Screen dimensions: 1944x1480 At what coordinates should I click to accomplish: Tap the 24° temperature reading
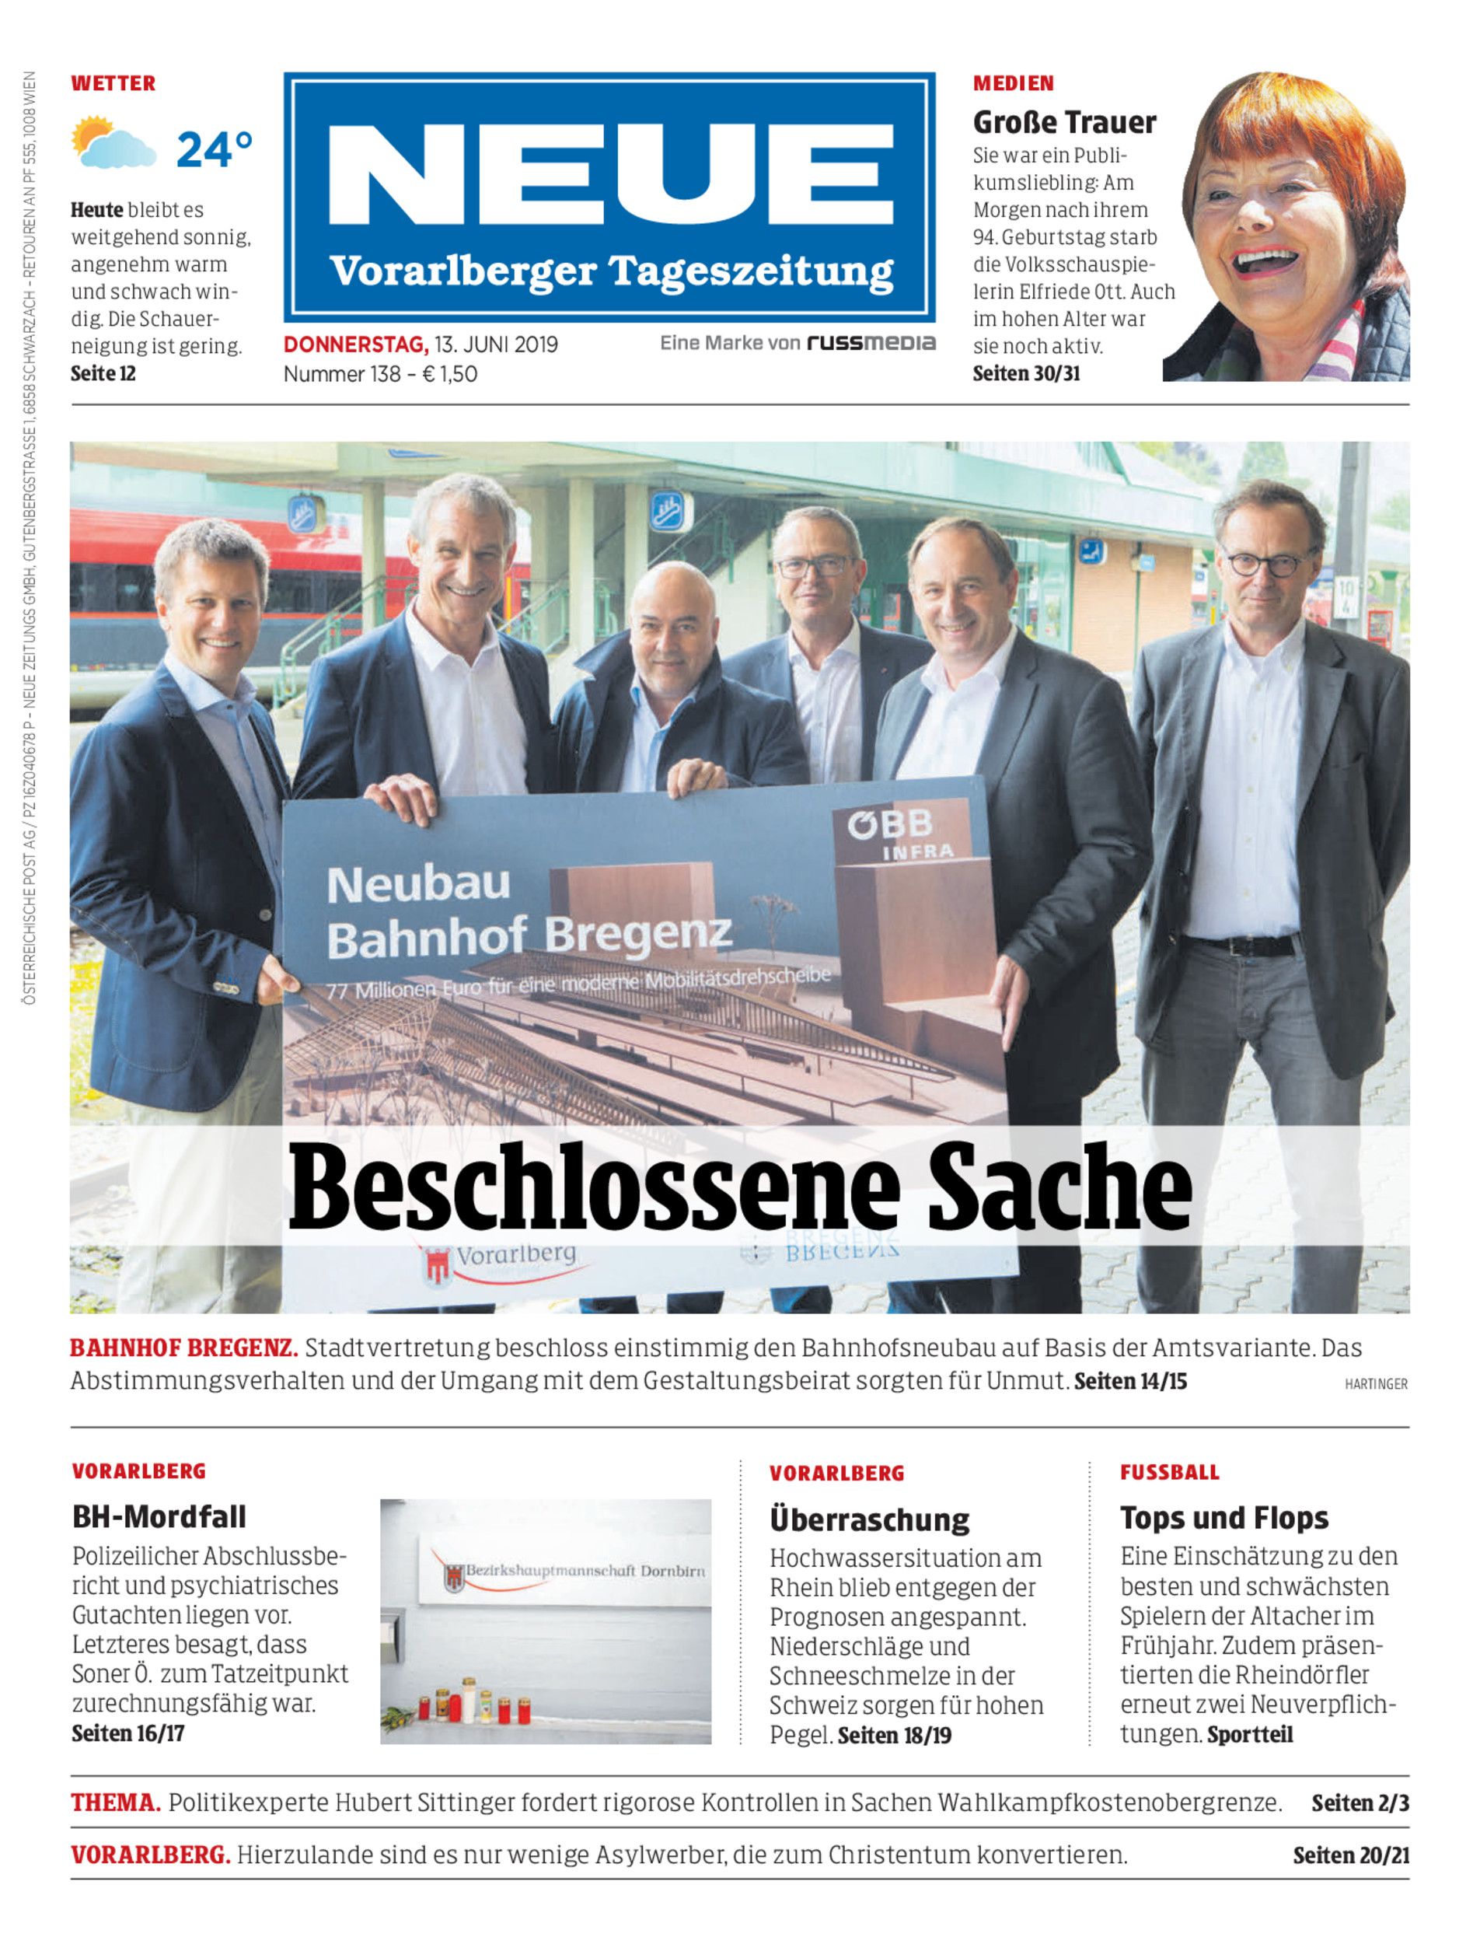click(214, 150)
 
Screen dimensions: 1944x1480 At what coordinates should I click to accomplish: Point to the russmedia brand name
click(871, 343)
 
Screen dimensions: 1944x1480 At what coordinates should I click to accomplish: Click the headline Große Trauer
click(1063, 123)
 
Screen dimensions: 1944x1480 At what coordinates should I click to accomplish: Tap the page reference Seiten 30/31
click(1025, 372)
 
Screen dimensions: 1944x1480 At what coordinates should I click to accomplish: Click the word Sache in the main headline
click(1059, 1185)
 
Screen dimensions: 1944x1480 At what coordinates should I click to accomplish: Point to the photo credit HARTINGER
click(1375, 1384)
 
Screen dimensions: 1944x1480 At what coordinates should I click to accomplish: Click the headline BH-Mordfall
click(159, 1516)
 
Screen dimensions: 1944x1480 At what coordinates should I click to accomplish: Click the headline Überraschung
click(868, 1519)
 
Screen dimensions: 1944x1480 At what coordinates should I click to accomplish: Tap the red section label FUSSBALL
click(1169, 1473)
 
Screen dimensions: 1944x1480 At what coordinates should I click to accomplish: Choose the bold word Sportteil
click(1249, 1734)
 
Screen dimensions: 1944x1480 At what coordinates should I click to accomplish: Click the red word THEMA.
click(115, 1803)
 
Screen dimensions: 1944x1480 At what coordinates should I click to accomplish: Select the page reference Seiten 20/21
click(1350, 1855)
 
